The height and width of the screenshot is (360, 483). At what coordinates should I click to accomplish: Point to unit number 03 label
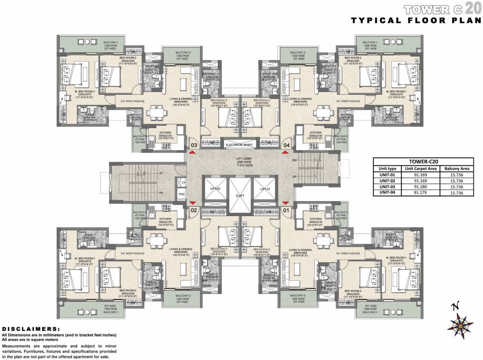(x=193, y=145)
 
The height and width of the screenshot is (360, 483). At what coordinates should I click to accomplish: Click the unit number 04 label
(x=286, y=145)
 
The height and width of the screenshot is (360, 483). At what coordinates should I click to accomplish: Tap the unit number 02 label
(x=193, y=210)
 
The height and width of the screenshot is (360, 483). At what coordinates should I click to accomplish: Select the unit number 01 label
(x=286, y=210)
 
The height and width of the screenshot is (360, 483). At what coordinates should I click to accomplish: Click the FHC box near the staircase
(x=182, y=195)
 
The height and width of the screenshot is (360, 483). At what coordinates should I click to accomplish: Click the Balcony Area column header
(x=457, y=168)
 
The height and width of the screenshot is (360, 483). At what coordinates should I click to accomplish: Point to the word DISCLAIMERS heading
(x=31, y=329)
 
